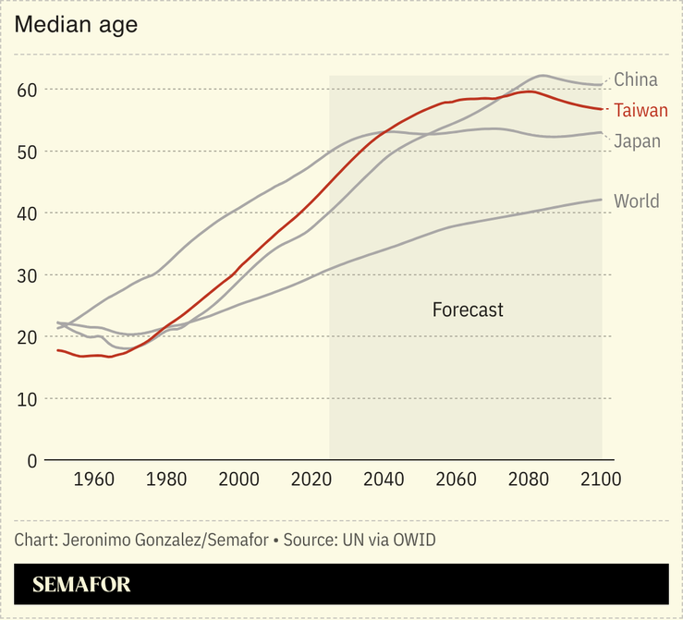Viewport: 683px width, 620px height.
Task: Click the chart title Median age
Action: pos(76,25)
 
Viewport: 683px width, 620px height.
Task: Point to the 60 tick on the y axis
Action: pos(26,90)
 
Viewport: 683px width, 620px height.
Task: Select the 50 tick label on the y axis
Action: pos(26,152)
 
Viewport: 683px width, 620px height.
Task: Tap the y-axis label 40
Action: pos(26,213)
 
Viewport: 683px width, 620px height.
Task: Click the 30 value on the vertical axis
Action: pos(26,275)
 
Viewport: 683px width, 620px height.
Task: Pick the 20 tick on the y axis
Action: pos(26,337)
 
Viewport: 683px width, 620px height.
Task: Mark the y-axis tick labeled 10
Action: pos(26,399)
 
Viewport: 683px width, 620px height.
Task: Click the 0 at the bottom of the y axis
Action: pos(31,460)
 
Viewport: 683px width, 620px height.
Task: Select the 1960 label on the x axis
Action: pos(93,480)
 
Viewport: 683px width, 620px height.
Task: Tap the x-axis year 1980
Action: pos(166,480)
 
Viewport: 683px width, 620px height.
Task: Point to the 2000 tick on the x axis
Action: pos(238,480)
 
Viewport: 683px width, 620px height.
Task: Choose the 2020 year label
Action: pos(311,480)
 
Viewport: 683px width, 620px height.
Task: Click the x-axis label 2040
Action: pos(384,480)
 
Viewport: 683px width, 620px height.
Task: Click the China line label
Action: pos(636,80)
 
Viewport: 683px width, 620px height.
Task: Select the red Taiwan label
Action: pos(640,111)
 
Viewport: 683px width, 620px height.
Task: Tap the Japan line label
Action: pos(637,141)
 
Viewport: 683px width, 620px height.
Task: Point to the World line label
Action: pos(636,201)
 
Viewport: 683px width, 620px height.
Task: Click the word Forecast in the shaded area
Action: pos(468,310)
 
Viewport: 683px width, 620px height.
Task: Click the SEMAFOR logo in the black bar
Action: pos(81,585)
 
